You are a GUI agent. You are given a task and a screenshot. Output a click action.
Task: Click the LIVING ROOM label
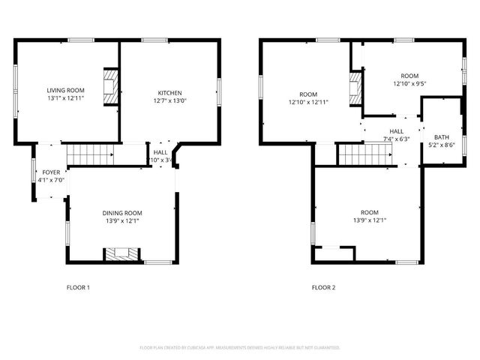(65, 90)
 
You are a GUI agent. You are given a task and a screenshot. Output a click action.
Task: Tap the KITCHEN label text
(169, 93)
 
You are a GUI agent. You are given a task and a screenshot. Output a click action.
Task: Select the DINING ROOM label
(122, 213)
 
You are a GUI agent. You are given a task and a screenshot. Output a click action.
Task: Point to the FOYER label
(51, 172)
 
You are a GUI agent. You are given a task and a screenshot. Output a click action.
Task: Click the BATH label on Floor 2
(442, 137)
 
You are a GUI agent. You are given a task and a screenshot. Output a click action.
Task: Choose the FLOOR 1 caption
(78, 287)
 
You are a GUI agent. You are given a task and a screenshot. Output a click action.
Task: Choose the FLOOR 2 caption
(323, 287)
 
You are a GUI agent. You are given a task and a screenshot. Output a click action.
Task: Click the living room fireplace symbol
(111, 86)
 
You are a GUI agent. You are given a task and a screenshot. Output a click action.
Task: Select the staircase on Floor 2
(364, 154)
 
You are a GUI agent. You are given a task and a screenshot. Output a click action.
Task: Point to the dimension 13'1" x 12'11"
(65, 97)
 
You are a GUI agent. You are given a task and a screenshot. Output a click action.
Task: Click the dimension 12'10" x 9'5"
(409, 84)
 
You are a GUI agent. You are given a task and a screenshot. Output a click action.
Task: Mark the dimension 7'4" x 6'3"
(396, 139)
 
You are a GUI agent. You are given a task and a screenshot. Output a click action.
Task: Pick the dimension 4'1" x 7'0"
(51, 180)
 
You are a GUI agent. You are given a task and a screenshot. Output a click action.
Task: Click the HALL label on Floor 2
(396, 131)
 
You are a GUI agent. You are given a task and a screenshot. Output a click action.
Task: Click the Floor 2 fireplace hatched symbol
(355, 89)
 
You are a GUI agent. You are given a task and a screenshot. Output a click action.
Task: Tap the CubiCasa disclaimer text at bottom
(240, 348)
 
